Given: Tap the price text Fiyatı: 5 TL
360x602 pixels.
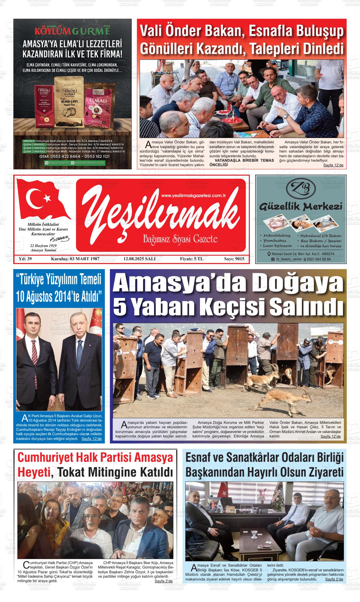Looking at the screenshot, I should pyautogui.click(x=192, y=259).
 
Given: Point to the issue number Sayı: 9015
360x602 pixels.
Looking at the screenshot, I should pyautogui.click(x=234, y=259).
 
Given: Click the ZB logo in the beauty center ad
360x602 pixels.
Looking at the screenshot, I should pyautogui.click(x=300, y=189).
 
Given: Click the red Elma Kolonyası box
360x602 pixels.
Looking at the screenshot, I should pyautogui.click(x=44, y=107).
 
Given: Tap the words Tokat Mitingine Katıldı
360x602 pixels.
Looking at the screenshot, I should pyautogui.click(x=116, y=473).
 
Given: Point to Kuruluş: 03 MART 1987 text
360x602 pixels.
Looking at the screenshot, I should pyautogui.click(x=75, y=259).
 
